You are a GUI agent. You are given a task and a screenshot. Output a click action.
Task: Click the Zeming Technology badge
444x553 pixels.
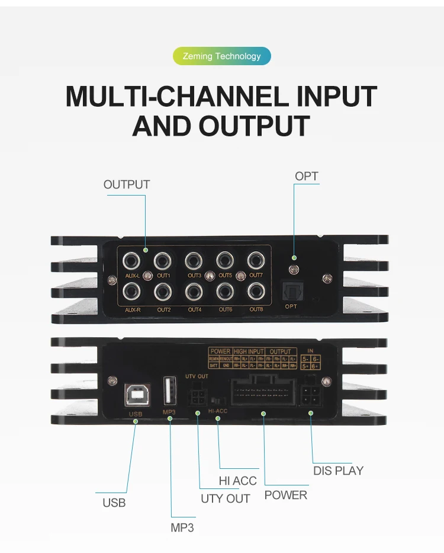pos(221,56)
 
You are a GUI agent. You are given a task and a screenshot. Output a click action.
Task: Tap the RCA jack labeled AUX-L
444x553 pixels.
pos(131,260)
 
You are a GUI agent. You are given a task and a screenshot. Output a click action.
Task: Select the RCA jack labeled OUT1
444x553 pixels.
pos(163,260)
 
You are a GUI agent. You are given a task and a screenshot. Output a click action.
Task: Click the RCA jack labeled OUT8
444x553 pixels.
pos(256,291)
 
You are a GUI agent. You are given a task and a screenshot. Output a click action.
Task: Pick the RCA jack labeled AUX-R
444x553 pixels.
pos(131,292)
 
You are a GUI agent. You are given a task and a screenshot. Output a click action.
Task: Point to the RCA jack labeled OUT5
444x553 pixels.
pos(225,260)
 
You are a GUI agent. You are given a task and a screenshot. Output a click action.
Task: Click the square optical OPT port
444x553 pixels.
pos(291,292)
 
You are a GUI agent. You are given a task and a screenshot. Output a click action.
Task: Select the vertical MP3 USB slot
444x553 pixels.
pos(169,391)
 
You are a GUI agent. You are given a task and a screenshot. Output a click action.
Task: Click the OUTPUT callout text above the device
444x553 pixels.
pos(127,184)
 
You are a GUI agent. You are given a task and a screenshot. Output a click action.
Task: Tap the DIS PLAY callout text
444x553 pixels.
pos(338,471)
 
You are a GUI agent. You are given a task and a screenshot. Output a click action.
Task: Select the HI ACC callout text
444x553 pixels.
pos(237,481)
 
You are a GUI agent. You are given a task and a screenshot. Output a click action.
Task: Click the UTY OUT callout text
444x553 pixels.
pos(226,498)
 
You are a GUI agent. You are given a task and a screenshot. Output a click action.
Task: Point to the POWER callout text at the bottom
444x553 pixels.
pos(286,495)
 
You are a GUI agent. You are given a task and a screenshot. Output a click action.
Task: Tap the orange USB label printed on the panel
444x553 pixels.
pos(136,414)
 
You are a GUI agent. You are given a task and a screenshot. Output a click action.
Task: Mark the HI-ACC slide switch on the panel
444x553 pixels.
pos(218,396)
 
